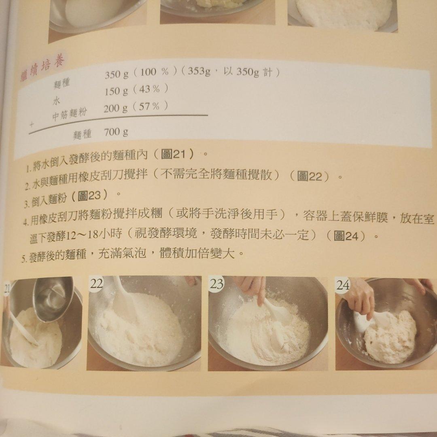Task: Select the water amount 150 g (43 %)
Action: pyautogui.click(x=136, y=90)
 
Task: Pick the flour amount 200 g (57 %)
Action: pyautogui.click(x=136, y=107)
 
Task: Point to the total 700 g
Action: pyautogui.click(x=116, y=132)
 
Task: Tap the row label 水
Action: pyautogui.click(x=56, y=101)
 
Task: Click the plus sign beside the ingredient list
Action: pyautogui.click(x=32, y=125)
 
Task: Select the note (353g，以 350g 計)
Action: pyautogui.click(x=230, y=72)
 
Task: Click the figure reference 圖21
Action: pyautogui.click(x=173, y=154)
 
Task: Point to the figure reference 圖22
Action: pyautogui.click(x=310, y=176)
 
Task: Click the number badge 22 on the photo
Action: pyautogui.click(x=97, y=283)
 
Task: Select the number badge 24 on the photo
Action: pyautogui.click(x=343, y=285)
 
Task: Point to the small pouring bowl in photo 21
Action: pyautogui.click(x=53, y=299)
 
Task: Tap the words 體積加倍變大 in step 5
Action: pyautogui.click(x=197, y=254)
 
